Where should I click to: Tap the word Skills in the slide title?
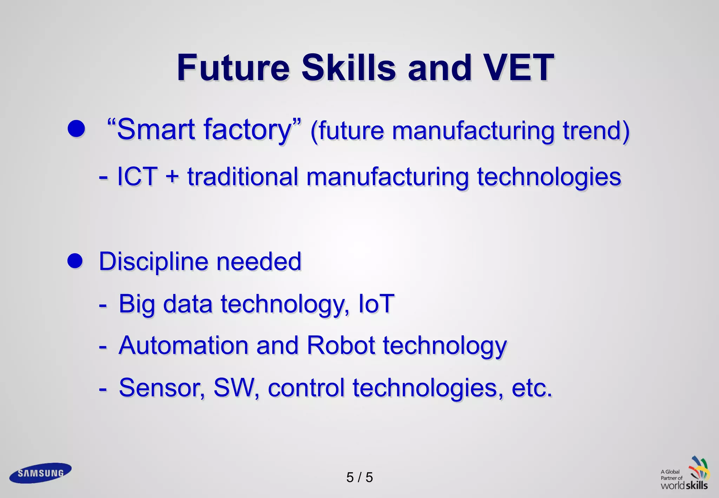[348, 67]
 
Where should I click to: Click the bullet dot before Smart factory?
[77, 129]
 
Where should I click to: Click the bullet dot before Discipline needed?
[75, 261]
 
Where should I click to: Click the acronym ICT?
[137, 176]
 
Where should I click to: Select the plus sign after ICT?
[172, 176]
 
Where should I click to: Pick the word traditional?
[243, 176]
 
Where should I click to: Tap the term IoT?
[376, 304]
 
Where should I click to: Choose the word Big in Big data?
[137, 304]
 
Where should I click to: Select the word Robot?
[341, 346]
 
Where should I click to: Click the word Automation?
[183, 346]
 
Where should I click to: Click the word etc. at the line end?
[532, 388]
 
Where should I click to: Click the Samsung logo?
[40, 473]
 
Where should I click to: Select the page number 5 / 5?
[359, 478]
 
